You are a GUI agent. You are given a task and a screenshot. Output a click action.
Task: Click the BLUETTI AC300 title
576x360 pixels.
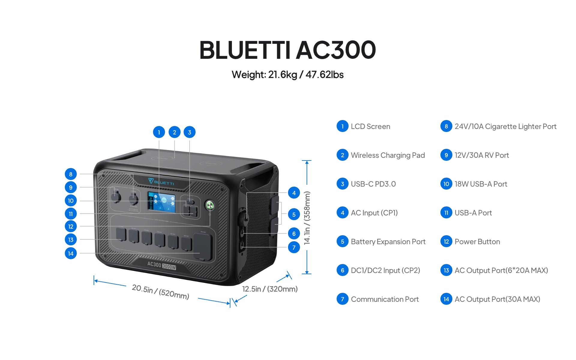click(287, 50)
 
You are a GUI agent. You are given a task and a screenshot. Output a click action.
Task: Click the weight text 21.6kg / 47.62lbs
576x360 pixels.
click(287, 75)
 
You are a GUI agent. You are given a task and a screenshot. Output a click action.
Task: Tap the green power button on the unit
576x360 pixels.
click(210, 205)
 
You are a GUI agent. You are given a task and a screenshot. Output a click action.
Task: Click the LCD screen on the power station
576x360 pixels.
click(161, 202)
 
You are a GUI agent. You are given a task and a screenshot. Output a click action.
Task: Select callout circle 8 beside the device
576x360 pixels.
click(71, 174)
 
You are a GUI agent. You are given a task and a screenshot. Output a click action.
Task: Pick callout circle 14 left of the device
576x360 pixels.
click(71, 253)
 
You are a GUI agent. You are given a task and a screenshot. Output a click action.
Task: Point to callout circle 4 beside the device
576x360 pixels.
click(294, 193)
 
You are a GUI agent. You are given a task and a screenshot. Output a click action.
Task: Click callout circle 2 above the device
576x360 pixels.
click(174, 132)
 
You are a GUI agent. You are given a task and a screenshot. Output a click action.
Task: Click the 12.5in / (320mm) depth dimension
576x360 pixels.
click(270, 289)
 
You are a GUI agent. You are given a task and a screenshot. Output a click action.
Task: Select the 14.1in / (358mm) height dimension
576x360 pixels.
click(307, 218)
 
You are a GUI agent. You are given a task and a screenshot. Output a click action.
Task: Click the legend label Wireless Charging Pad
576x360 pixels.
click(388, 155)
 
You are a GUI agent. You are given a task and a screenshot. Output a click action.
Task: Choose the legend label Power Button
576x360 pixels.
click(477, 241)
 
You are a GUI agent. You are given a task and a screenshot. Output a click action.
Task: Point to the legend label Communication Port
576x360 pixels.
click(385, 299)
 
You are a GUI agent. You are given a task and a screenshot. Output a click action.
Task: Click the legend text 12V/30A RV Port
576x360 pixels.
click(481, 155)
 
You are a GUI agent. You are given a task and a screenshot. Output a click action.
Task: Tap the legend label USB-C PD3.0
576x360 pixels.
click(373, 184)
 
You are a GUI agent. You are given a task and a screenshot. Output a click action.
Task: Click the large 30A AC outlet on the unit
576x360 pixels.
click(202, 247)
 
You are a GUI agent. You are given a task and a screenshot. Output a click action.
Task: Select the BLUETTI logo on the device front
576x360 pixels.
click(161, 182)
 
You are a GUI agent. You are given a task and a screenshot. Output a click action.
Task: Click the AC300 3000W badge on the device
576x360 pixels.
click(161, 265)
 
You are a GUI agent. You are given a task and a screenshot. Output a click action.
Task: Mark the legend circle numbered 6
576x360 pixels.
click(342, 270)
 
